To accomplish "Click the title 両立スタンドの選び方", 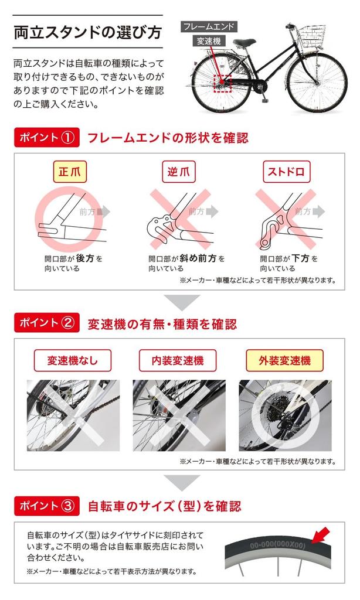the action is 88,32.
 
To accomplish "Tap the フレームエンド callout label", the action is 208,27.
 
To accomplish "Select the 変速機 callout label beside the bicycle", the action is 209,41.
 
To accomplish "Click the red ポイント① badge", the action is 47,137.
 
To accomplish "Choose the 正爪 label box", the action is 70,172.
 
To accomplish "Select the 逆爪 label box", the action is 178,172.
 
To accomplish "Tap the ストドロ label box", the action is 286,172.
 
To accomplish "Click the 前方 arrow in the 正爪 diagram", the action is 103,212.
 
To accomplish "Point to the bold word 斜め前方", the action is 198,258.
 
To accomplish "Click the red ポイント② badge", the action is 47,323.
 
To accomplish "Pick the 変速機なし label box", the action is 72,360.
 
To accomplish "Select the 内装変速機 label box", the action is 178,360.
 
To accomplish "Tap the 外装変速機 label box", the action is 284,360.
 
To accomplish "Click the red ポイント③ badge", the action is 47,506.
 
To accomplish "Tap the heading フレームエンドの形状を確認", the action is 168,138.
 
